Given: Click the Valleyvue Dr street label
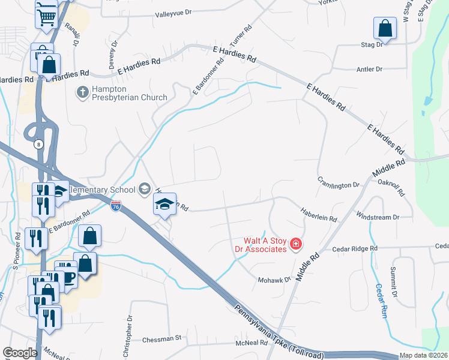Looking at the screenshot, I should [x=173, y=13].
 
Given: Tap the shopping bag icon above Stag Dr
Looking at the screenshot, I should [x=385, y=28].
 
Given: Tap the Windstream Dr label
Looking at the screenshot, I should [x=378, y=217].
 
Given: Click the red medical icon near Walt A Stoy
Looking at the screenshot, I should [x=295, y=244].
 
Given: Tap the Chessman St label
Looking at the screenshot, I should [x=161, y=339].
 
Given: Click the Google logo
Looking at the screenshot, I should [x=19, y=353].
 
